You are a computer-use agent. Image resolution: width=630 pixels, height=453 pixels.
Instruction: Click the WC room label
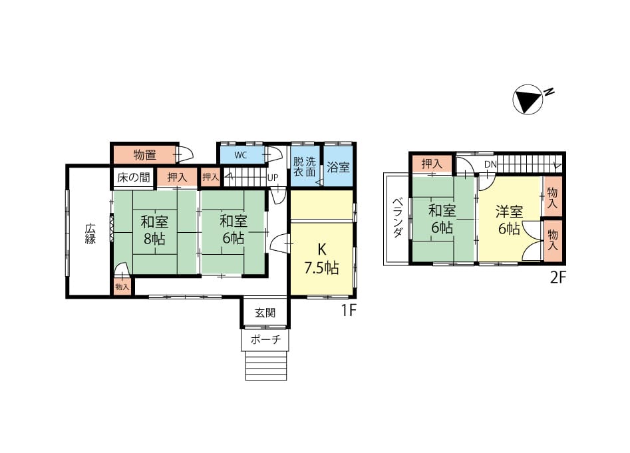coord(240,155)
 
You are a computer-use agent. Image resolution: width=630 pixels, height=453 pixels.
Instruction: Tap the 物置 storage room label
coord(144,154)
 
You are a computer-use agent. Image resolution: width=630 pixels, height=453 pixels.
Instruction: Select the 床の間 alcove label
coord(134,177)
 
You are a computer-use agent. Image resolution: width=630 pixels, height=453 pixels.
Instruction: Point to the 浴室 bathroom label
coord(338,167)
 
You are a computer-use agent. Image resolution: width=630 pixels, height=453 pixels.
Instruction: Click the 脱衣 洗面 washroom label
coord(304,167)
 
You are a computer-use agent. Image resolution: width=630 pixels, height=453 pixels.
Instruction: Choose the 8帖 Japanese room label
coord(154,230)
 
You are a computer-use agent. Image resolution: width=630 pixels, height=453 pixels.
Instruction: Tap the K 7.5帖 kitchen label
coord(321,258)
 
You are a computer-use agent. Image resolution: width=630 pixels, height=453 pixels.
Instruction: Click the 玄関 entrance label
coord(265,313)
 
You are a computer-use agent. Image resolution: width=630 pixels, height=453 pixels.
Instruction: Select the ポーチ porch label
coord(265,340)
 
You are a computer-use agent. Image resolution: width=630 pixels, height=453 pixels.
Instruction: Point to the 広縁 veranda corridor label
coord(90,233)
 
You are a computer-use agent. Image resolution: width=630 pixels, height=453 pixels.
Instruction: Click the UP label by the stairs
coord(273,178)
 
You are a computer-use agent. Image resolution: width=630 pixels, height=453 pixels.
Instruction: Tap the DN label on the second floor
coord(490,164)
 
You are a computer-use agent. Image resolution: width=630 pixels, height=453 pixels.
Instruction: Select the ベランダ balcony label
coord(398,217)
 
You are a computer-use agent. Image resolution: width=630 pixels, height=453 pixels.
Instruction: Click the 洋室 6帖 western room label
coord(509,220)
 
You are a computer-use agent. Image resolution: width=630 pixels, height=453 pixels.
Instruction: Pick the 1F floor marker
coord(349,309)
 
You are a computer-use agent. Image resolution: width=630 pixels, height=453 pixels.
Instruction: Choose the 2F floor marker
coord(558,277)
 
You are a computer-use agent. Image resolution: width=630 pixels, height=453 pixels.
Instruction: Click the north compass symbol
coord(528,99)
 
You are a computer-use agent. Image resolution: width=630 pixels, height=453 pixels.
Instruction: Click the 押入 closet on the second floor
coord(432,164)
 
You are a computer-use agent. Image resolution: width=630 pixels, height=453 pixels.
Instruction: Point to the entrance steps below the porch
coord(266,365)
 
